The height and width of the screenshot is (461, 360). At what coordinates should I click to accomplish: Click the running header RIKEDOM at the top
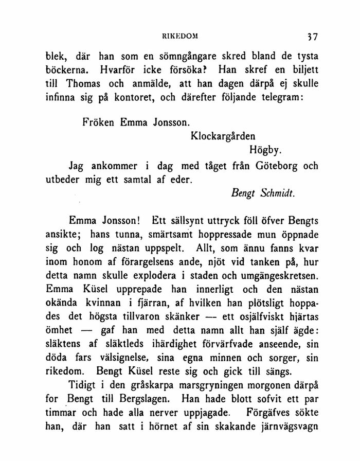point(179,37)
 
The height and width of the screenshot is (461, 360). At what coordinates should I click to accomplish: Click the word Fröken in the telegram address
point(99,123)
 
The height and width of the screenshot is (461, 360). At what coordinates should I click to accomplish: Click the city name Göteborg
point(271,166)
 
